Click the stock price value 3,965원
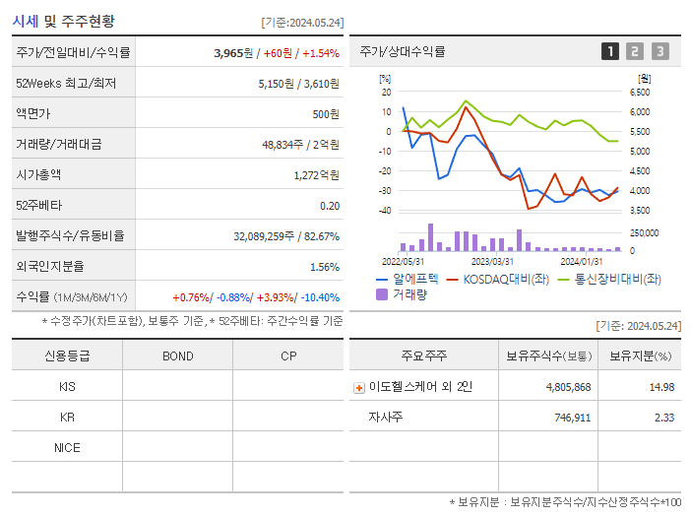pos(234,52)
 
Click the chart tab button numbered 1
pos(610,51)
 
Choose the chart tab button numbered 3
pos(660,51)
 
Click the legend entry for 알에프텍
pos(405,279)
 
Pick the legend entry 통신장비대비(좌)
pos(609,279)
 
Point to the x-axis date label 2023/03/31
pos(492,261)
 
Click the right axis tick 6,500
pos(639,92)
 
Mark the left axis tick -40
pos(385,211)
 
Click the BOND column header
pos(177,355)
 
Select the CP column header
pos(287,355)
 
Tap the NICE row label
pos(67,447)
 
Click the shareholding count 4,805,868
pos(568,387)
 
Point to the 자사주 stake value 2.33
pos(661,418)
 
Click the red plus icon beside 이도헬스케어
pos(359,388)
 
